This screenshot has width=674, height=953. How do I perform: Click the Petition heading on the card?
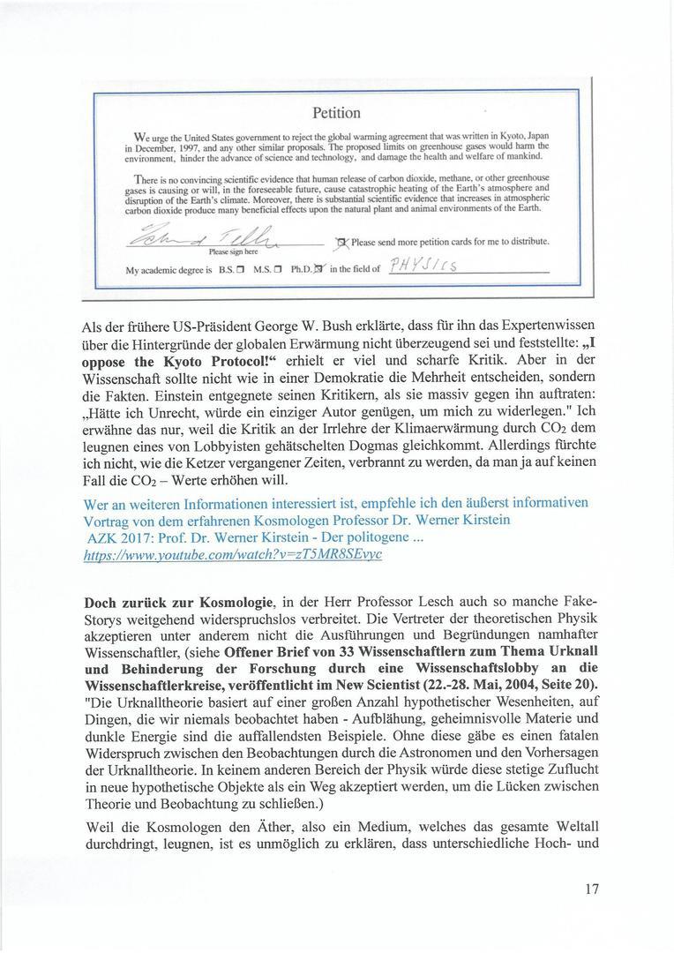[336, 113]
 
